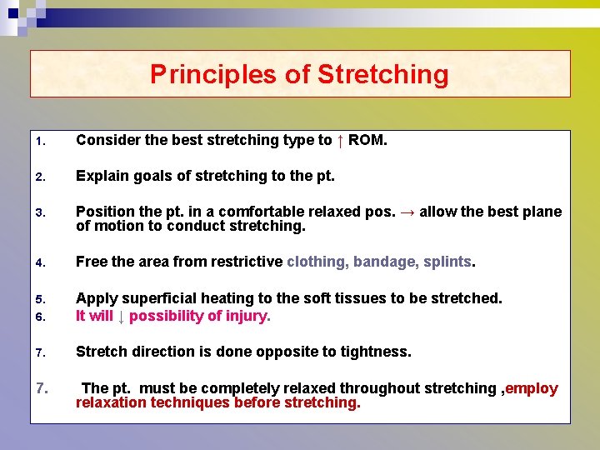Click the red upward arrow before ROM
coord(340,140)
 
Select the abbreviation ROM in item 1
coord(367,140)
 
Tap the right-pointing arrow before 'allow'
coord(406,212)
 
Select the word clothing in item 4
coord(317,262)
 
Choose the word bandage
coord(386,262)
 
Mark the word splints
coord(447,262)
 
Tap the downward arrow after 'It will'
coord(121,316)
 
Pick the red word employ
coord(532,388)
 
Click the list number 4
coord(39,262)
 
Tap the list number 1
coord(39,141)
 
